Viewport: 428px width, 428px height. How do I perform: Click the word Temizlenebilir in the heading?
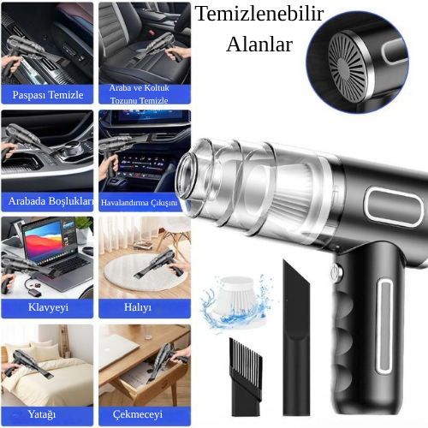click(259, 14)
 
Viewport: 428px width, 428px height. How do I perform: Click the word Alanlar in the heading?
click(259, 45)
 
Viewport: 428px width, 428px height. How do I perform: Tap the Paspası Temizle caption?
click(48, 94)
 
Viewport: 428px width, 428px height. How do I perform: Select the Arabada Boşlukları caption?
click(51, 201)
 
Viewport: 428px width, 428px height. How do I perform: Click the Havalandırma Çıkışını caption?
click(139, 203)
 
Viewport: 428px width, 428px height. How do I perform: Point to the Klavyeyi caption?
click(48, 307)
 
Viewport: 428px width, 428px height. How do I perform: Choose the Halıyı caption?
click(138, 307)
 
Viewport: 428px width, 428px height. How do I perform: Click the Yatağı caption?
click(42, 414)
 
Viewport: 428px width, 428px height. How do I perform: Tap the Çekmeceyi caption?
click(138, 414)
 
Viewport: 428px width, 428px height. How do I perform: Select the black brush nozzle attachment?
click(246, 377)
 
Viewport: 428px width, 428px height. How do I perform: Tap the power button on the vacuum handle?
click(337, 270)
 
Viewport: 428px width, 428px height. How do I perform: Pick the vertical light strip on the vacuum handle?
click(384, 326)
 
